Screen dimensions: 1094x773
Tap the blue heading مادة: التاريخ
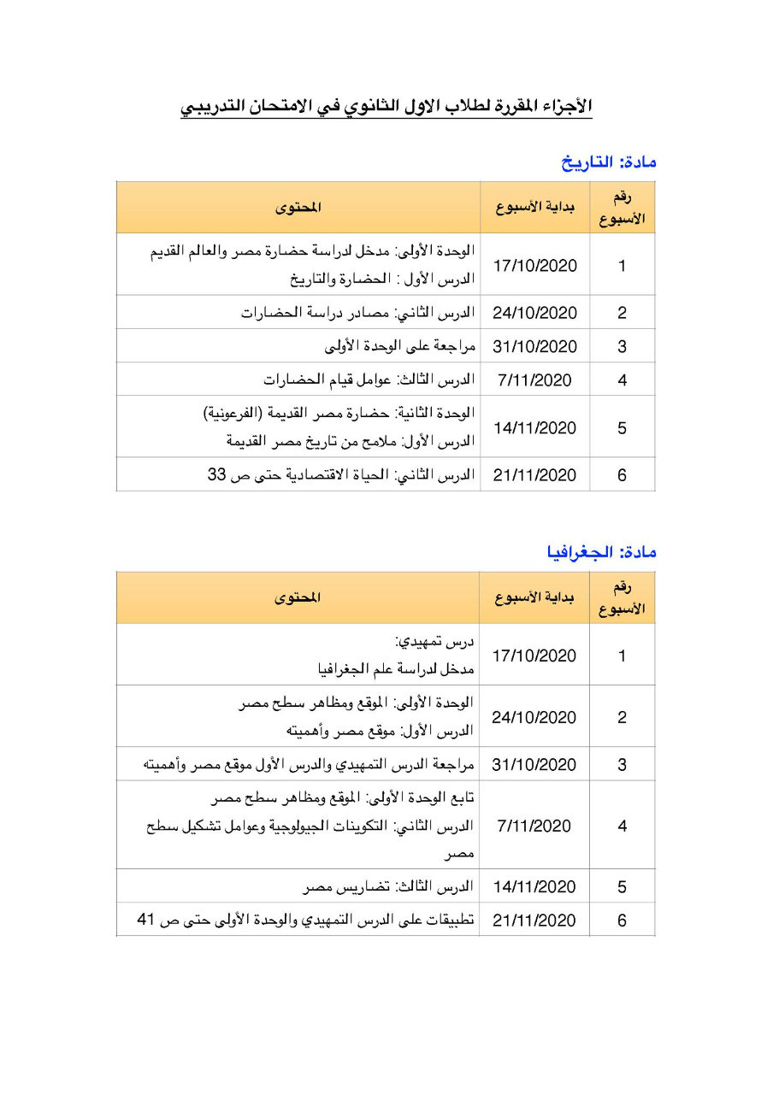pyautogui.click(x=608, y=162)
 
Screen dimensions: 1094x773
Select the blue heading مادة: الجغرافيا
pyautogui.click(x=601, y=552)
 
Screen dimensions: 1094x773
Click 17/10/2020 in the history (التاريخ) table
pyautogui.click(x=535, y=266)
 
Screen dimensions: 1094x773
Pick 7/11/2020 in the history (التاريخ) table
pyautogui.click(x=535, y=380)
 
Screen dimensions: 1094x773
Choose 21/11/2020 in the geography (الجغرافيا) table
pyautogui.click(x=535, y=920)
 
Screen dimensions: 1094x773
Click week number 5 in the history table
pyautogui.click(x=622, y=427)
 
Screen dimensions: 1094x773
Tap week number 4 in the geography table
pyautogui.click(x=622, y=826)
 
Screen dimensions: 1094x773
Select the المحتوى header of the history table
pyautogui.click(x=298, y=208)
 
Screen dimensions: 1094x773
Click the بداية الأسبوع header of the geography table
pyautogui.click(x=535, y=597)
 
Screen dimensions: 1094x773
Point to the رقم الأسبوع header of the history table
pyautogui.click(x=622, y=208)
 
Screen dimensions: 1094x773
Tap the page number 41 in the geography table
pyautogui.click(x=146, y=920)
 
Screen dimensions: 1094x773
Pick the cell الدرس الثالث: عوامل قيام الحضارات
pyautogui.click(x=369, y=380)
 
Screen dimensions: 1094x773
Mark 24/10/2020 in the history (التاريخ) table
pyautogui.click(x=535, y=313)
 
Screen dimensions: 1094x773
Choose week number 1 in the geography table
pyautogui.click(x=622, y=656)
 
